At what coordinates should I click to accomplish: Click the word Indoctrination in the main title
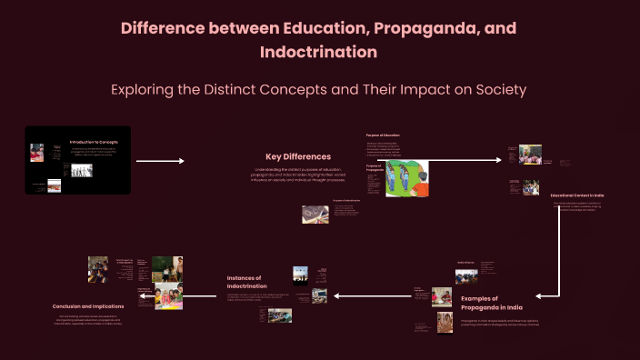pyautogui.click(x=318, y=52)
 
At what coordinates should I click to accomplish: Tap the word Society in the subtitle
pyautogui.click(x=495, y=91)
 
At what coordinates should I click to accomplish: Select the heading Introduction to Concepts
pyautogui.click(x=95, y=142)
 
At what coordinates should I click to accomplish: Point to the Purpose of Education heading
pyautogui.click(x=383, y=135)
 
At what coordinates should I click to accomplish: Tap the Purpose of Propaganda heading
pyautogui.click(x=374, y=168)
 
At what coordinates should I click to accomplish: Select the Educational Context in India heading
pyautogui.click(x=577, y=195)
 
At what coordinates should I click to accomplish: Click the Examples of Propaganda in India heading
pyautogui.click(x=478, y=304)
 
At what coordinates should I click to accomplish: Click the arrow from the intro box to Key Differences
pyautogui.click(x=160, y=161)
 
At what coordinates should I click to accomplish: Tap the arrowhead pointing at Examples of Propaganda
pyautogui.click(x=540, y=295)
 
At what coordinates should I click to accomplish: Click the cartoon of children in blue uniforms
pyautogui.click(x=408, y=178)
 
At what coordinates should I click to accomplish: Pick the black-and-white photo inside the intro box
pyautogui.click(x=82, y=170)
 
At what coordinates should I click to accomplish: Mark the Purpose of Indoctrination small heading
pyautogui.click(x=346, y=200)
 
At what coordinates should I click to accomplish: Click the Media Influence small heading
pyautogui.click(x=466, y=262)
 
